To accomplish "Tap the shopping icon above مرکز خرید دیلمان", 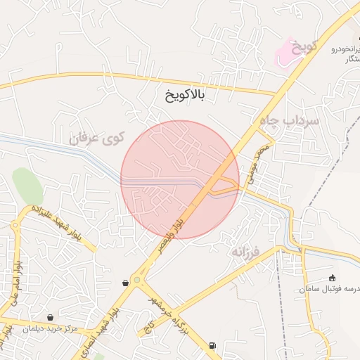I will coord(49,317).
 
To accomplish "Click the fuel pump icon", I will coord(212,346).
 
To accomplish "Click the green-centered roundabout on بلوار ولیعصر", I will coord(136,280).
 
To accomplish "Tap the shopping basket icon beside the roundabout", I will coord(125,283).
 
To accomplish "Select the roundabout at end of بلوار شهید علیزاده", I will coord(16,226).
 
